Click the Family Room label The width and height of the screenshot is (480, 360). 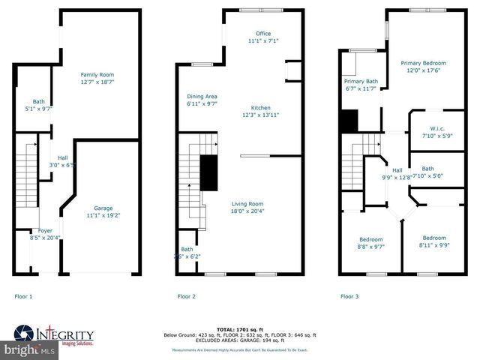click(97, 75)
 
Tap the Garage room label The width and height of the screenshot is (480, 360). click(103, 208)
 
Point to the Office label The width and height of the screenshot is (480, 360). click(263, 34)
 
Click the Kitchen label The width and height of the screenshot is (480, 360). click(261, 108)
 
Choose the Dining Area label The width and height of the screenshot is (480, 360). click(202, 97)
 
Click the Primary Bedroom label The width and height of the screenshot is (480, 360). click(423, 63)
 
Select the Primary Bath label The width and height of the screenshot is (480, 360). click(361, 81)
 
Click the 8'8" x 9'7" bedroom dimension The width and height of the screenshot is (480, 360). click(370, 246)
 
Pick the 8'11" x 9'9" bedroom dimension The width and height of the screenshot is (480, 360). click(433, 244)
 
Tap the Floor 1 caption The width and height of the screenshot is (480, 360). click(24, 296)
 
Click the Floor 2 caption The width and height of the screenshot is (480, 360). click(187, 296)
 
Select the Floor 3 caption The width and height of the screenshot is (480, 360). click(349, 296)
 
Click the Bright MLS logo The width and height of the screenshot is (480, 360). click(29, 349)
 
